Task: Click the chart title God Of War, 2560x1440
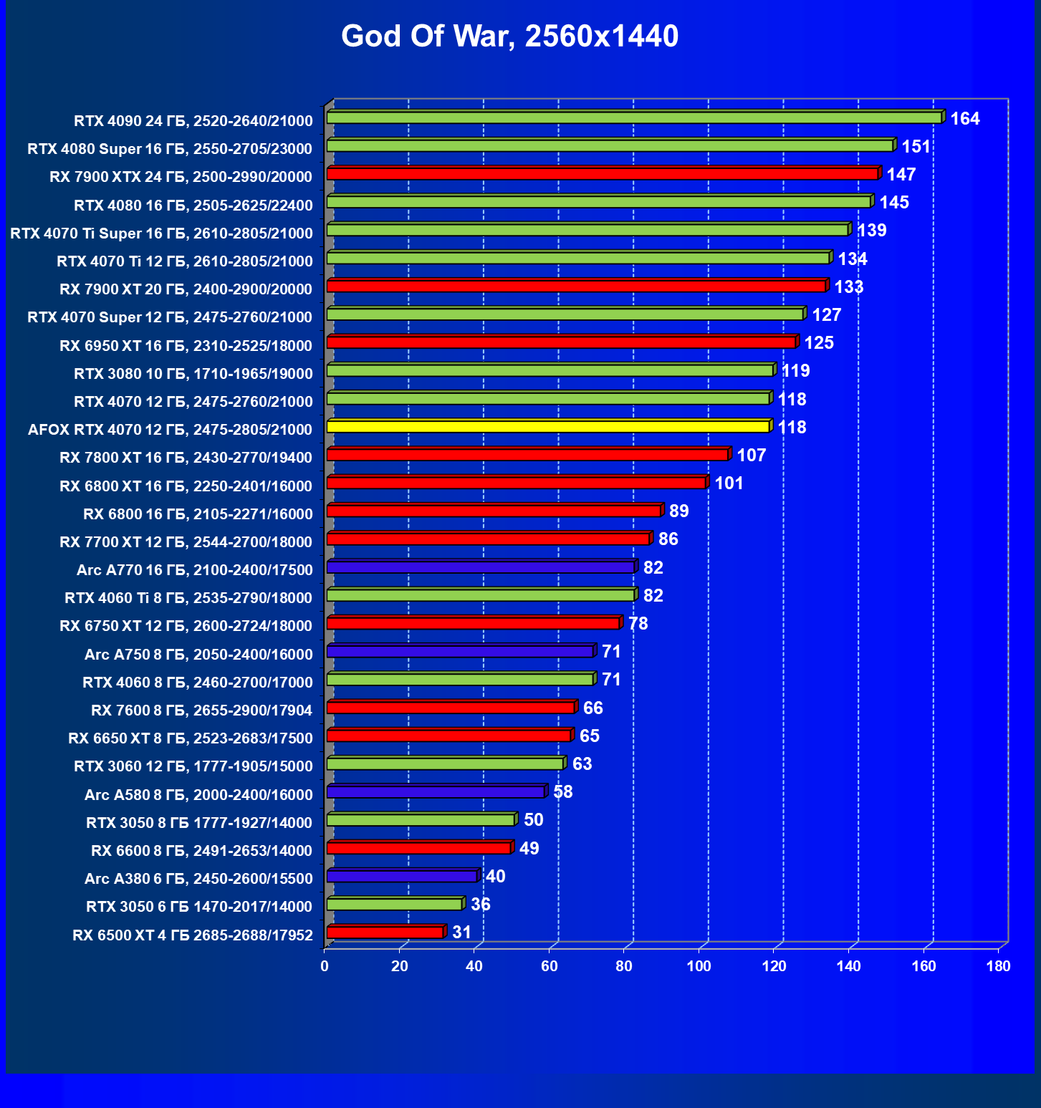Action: click(x=509, y=37)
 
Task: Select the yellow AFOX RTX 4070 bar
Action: click(x=548, y=427)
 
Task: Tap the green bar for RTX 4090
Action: click(x=634, y=117)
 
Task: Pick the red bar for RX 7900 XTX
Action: click(x=603, y=174)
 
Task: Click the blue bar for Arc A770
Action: click(x=480, y=567)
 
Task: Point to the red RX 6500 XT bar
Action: click(x=385, y=933)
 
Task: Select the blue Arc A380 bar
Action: click(x=402, y=876)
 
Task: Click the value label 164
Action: click(x=964, y=119)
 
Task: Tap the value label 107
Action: click(x=751, y=456)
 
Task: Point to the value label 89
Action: click(x=678, y=511)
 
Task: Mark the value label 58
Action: click(x=563, y=792)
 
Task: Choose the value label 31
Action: click(x=462, y=933)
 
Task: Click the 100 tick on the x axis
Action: click(x=699, y=966)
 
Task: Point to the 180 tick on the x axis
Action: click(x=998, y=966)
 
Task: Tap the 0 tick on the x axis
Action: click(x=325, y=966)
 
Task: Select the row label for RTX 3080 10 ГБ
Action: click(x=193, y=374)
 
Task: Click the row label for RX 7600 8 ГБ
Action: click(x=201, y=710)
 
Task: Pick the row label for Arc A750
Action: click(x=198, y=655)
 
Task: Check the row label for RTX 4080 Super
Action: click(x=170, y=149)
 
